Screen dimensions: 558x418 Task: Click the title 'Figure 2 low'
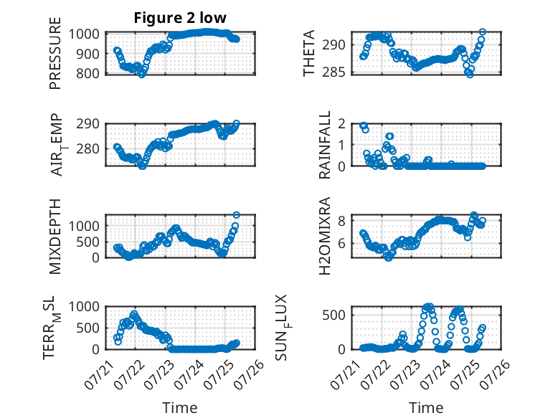click(180, 18)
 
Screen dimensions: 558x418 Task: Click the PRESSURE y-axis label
click(55, 53)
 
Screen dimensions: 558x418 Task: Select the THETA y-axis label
click(309, 53)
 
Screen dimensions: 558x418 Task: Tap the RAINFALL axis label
click(325, 145)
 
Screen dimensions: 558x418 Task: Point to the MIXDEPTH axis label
click(55, 236)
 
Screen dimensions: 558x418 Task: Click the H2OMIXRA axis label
click(325, 236)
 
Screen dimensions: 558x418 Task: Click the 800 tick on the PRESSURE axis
click(88, 74)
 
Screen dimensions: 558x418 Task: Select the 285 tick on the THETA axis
click(334, 72)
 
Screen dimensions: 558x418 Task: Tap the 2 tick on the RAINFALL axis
click(342, 124)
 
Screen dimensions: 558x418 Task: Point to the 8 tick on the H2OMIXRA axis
click(342, 221)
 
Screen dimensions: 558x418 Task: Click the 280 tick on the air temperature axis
click(88, 148)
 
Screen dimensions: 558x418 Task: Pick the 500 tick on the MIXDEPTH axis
click(88, 242)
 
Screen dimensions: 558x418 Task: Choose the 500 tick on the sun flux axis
click(334, 315)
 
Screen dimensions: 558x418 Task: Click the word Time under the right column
click(426, 408)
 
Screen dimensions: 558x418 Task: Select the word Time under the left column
click(180, 408)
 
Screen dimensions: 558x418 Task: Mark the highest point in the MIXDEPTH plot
click(236, 215)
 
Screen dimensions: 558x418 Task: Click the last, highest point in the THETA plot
click(483, 32)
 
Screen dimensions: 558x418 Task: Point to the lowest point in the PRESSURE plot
click(142, 75)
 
